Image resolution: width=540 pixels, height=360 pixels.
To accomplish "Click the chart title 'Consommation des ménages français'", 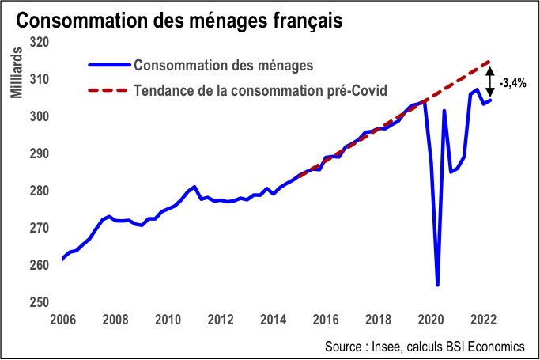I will pyautogui.click(x=179, y=20).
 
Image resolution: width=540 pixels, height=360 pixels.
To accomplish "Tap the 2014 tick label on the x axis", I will pyautogui.click(x=274, y=320).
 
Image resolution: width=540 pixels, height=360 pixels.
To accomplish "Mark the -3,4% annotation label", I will pyautogui.click(x=514, y=81).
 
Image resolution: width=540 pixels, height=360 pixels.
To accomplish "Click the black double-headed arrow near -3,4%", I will pyautogui.click(x=490, y=81).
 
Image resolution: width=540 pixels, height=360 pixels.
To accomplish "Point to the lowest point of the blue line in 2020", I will pyautogui.click(x=437, y=285).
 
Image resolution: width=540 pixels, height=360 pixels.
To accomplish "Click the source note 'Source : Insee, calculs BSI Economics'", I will pyautogui.click(x=424, y=347).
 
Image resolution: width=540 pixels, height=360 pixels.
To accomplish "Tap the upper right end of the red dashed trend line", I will pyautogui.click(x=490, y=61).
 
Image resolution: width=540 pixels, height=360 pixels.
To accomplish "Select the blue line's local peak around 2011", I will pyautogui.click(x=194, y=187).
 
